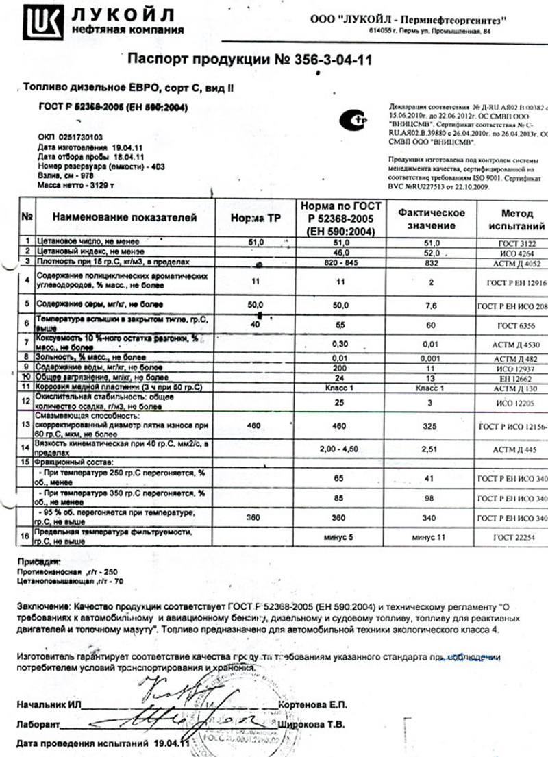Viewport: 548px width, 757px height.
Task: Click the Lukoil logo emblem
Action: pos(42,21)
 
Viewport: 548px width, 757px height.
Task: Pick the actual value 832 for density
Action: pos(430,262)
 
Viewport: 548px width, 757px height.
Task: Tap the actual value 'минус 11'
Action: pos(430,538)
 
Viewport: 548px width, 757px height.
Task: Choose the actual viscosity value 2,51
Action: pos(430,449)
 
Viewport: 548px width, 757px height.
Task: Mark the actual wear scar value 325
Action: pos(430,425)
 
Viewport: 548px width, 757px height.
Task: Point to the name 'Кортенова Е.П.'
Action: pos(314,705)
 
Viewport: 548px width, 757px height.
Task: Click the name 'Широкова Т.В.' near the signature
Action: pos(312,724)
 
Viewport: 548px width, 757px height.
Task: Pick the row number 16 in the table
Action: pos(26,536)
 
